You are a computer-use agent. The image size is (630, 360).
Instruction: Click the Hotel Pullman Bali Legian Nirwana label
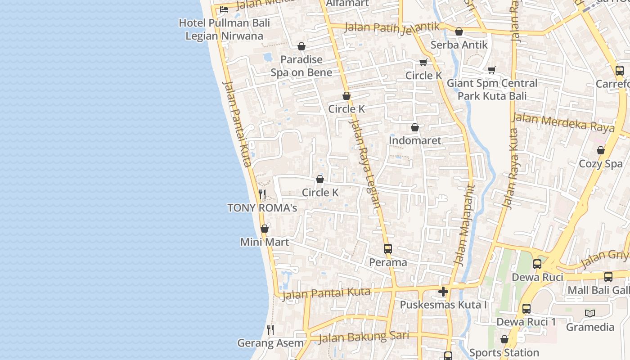(x=224, y=29)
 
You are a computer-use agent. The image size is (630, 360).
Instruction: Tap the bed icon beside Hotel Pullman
(x=224, y=9)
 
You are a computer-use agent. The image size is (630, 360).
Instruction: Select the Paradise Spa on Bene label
(x=301, y=66)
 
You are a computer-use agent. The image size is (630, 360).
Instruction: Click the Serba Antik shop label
(x=459, y=45)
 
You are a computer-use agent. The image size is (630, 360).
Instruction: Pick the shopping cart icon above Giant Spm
(x=492, y=70)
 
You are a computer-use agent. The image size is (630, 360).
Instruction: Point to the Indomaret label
(x=415, y=140)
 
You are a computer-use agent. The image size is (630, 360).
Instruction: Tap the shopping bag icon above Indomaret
(x=415, y=128)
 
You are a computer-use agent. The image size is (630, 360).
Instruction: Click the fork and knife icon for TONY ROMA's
(x=262, y=194)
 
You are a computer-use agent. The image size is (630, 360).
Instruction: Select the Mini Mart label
(x=265, y=242)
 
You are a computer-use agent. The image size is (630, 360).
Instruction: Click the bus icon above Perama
(x=388, y=248)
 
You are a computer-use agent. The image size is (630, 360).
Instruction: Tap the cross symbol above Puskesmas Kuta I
(x=443, y=292)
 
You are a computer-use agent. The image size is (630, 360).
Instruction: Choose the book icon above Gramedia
(x=590, y=313)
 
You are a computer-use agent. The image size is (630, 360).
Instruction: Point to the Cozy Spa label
(x=601, y=164)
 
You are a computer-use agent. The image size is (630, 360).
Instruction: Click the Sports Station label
(x=504, y=353)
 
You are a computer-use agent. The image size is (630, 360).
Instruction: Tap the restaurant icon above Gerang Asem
(x=270, y=330)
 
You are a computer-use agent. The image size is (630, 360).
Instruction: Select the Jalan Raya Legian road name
(x=365, y=164)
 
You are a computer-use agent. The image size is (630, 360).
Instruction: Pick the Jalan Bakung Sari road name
(x=364, y=337)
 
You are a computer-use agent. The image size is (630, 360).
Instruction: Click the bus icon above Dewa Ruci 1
(x=526, y=309)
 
